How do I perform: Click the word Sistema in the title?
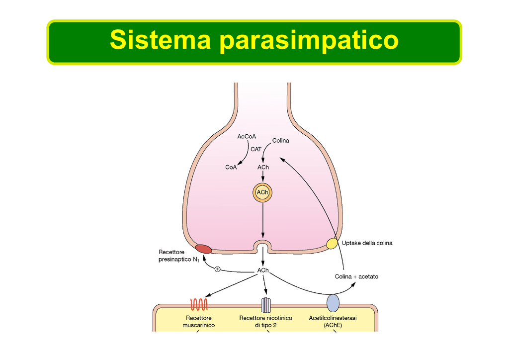(x=161, y=40)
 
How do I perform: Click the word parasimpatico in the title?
(x=309, y=41)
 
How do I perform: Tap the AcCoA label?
(x=247, y=136)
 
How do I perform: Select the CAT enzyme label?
(x=256, y=149)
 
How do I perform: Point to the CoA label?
(x=231, y=168)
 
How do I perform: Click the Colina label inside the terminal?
(x=280, y=141)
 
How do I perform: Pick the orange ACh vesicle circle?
(x=263, y=192)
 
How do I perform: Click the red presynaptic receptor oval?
(x=203, y=249)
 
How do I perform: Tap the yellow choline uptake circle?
(x=332, y=244)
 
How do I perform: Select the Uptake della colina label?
(x=367, y=243)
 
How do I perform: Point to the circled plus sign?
(x=217, y=269)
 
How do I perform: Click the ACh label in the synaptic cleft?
(x=263, y=270)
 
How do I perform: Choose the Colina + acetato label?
(x=356, y=276)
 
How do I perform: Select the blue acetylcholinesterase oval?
(x=333, y=302)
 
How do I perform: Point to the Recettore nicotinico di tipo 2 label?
(x=265, y=321)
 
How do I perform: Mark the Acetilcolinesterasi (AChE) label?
(x=333, y=321)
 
